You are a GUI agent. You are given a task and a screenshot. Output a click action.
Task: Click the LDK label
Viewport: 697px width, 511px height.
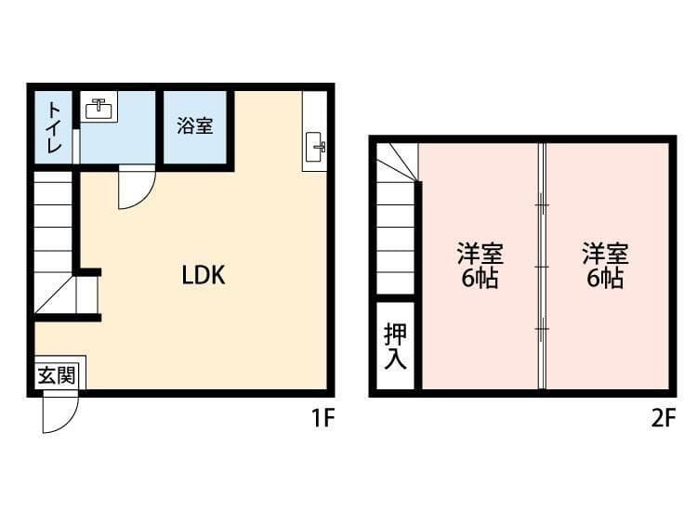pyautogui.click(x=204, y=276)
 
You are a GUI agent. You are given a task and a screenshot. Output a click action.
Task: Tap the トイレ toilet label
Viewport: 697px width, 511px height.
pyautogui.click(x=54, y=127)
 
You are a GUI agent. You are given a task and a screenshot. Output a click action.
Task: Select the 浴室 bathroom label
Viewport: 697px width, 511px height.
pyautogui.click(x=195, y=125)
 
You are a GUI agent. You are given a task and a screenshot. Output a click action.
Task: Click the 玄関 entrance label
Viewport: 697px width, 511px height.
pyautogui.click(x=57, y=376)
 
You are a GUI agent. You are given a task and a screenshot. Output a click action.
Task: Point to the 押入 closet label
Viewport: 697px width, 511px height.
pyautogui.click(x=395, y=347)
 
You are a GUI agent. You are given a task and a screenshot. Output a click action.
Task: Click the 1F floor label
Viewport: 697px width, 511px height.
pyautogui.click(x=322, y=418)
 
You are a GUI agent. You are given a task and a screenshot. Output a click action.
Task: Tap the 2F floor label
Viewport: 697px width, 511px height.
pyautogui.click(x=664, y=418)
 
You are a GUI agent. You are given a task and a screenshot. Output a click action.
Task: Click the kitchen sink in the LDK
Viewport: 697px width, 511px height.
pyautogui.click(x=316, y=146)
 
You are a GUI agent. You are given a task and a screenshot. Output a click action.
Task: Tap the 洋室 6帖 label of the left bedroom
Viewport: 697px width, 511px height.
pyautogui.click(x=480, y=266)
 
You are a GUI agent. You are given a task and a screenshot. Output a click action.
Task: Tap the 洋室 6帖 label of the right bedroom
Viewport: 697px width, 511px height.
pyautogui.click(x=605, y=266)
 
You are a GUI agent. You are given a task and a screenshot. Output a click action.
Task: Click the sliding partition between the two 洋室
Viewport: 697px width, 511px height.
pyautogui.click(x=542, y=266)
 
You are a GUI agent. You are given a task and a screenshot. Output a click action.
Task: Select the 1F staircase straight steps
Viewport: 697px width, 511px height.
pyautogui.click(x=53, y=222)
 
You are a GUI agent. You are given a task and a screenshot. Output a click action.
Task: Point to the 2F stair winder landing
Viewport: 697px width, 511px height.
pyautogui.click(x=398, y=163)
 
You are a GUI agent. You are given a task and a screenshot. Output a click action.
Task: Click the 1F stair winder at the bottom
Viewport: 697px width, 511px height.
pyautogui.click(x=66, y=295)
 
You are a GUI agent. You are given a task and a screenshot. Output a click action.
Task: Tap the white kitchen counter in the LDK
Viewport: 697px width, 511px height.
pyautogui.click(x=315, y=131)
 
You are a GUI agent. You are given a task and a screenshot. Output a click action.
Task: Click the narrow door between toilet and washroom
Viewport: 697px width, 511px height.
pyautogui.click(x=76, y=146)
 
